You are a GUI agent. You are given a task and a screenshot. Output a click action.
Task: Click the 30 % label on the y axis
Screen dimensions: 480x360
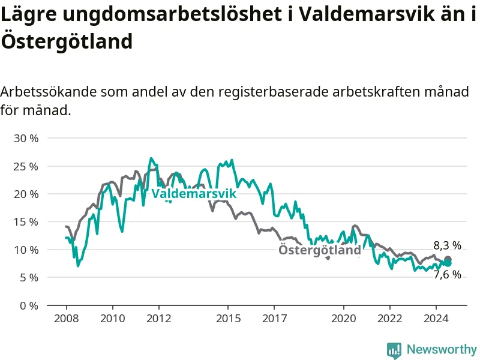point(26,139)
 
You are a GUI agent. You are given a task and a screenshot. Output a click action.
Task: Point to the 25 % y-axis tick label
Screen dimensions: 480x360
point(26,167)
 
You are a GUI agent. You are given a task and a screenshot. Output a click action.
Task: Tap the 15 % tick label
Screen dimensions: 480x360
point(26,222)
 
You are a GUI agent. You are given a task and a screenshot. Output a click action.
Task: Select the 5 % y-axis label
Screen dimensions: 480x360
point(29,278)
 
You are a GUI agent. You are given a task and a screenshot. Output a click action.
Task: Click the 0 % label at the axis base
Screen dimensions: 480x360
point(29,305)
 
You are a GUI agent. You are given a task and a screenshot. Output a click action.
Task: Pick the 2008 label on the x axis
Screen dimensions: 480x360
point(67,319)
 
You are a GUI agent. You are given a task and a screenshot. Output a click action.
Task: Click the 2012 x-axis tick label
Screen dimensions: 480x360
point(159,319)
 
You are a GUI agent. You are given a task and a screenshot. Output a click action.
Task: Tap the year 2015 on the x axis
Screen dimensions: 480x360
point(229,319)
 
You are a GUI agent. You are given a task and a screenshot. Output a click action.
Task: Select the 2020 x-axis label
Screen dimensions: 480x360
point(343,319)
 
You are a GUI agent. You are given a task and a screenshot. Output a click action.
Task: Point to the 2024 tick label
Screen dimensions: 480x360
point(436,319)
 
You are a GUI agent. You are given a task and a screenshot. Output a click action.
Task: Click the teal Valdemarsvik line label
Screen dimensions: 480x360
point(194,193)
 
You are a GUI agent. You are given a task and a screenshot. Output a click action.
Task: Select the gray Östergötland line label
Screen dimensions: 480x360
point(320,250)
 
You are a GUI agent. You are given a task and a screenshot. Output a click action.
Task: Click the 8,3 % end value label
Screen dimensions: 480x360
point(447,245)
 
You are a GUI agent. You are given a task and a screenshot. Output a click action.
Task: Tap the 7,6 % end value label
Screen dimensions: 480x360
point(447,275)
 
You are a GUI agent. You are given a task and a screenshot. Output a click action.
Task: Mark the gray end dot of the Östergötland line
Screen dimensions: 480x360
point(448,259)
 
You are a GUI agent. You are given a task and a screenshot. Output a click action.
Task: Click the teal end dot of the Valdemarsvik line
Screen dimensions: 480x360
point(448,263)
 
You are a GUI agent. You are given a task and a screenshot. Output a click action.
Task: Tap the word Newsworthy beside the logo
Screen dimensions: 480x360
point(442,349)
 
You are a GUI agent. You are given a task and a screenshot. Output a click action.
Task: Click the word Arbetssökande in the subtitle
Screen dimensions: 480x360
point(49,92)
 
